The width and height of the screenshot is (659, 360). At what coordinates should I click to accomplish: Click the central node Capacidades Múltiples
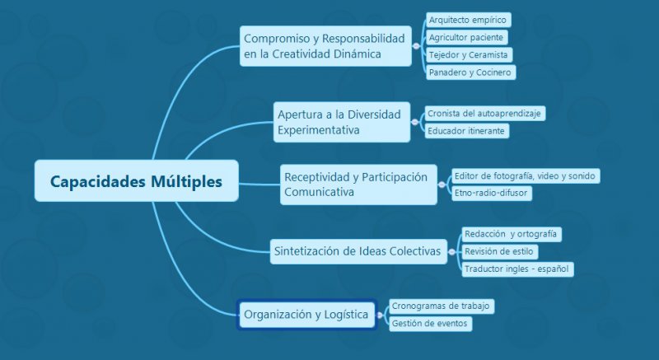(x=136, y=181)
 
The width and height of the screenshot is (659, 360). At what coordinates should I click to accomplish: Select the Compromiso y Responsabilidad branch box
(x=325, y=46)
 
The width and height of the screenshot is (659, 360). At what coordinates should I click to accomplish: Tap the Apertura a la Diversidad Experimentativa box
(x=341, y=122)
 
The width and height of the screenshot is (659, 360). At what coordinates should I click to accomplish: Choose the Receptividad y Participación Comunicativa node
(x=358, y=185)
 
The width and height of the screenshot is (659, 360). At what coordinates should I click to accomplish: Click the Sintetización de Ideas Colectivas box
(x=356, y=250)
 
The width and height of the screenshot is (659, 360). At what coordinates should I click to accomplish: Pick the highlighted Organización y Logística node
(x=306, y=314)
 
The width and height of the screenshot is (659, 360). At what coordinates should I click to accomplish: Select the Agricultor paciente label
(x=466, y=37)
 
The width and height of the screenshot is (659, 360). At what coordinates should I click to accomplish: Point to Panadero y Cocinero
(x=470, y=72)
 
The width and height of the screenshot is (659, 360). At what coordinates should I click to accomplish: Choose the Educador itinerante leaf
(x=466, y=130)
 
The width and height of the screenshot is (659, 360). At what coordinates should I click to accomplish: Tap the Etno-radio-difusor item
(x=491, y=193)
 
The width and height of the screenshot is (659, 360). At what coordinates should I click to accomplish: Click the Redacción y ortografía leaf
(x=512, y=234)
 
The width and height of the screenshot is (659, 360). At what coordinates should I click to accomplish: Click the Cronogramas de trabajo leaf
(x=441, y=306)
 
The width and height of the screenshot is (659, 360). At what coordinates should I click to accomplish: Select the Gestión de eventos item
(x=429, y=324)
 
